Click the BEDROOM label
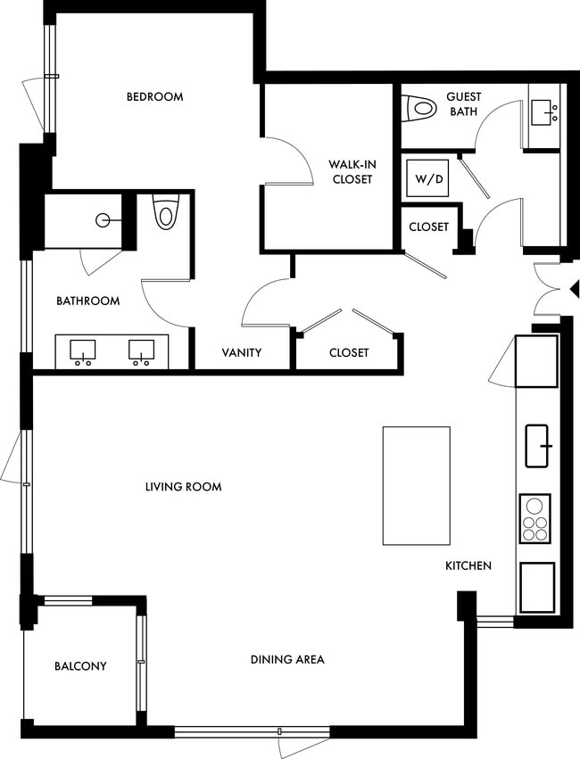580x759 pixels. click(154, 96)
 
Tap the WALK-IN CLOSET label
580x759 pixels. click(350, 171)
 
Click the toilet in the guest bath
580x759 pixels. click(419, 107)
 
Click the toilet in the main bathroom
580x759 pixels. click(164, 214)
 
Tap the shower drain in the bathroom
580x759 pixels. click(105, 219)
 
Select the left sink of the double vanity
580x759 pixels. click(83, 351)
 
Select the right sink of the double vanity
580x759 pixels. click(140, 351)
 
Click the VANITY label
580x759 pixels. click(241, 352)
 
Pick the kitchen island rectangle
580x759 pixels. click(416, 485)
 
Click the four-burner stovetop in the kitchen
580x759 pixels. click(534, 518)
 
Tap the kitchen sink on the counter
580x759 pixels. click(538, 446)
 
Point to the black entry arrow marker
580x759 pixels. click(575, 289)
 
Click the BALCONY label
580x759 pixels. click(80, 666)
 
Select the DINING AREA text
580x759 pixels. click(286, 659)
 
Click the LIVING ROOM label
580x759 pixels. click(183, 486)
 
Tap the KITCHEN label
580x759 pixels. click(468, 565)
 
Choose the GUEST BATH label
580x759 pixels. click(463, 103)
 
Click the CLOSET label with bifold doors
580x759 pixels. click(349, 352)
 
